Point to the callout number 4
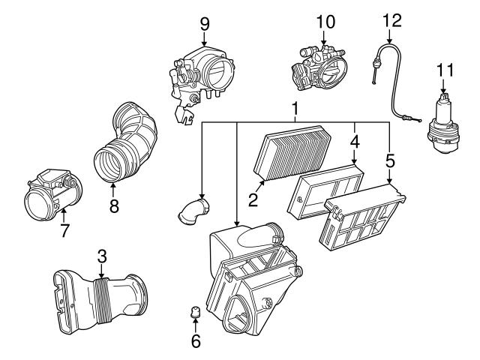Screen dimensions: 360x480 click(x=355, y=140)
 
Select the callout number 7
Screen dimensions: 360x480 click(x=64, y=231)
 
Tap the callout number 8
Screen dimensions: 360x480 click(x=113, y=205)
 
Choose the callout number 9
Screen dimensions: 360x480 click(x=205, y=23)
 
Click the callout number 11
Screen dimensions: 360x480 click(x=446, y=73)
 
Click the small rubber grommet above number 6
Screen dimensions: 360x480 click(x=194, y=311)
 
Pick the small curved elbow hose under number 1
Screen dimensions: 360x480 click(x=193, y=211)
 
